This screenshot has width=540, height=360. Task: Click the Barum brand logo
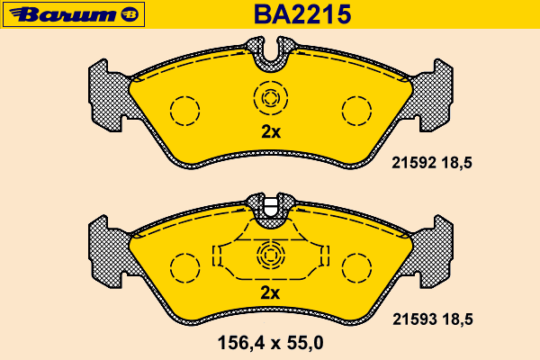[x=74, y=14]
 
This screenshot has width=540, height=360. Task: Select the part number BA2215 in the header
[x=302, y=14]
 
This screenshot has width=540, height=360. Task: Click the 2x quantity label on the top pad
[x=271, y=131]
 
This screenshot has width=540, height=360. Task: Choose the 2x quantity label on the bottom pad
[x=270, y=292]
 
